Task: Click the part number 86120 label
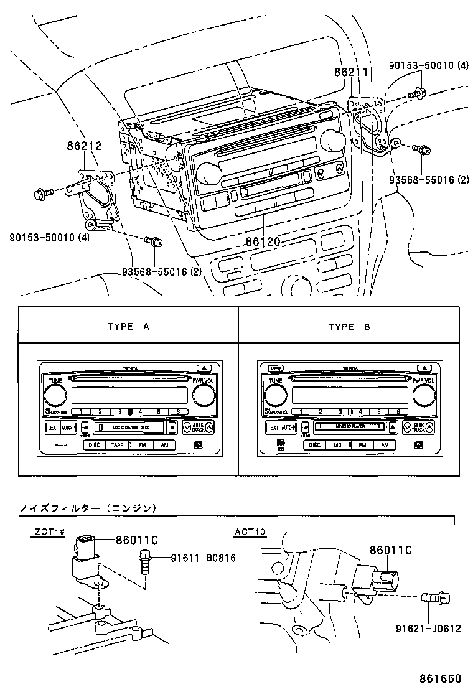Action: [x=263, y=240]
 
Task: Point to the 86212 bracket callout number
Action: [x=84, y=147]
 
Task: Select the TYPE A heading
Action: [x=129, y=327]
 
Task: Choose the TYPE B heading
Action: [x=349, y=327]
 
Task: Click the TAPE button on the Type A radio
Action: [x=117, y=445]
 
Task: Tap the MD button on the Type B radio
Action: [x=337, y=445]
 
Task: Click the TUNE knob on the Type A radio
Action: [x=55, y=395]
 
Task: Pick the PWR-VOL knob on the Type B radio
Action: [x=423, y=395]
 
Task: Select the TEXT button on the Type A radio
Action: [x=52, y=428]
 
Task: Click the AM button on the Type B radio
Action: [x=385, y=445]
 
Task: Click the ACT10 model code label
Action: [x=250, y=532]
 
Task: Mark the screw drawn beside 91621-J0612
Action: [x=433, y=599]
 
